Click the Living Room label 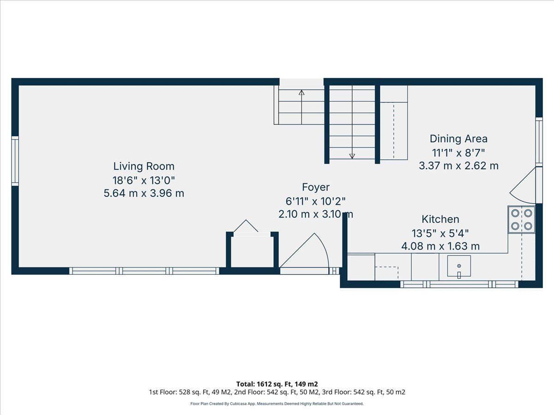coord(144,166)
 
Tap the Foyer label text coord(316,187)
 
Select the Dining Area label coord(458,139)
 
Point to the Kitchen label coord(440,219)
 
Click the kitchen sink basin coord(459,266)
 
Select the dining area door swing coord(523,186)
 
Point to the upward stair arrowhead coord(301,93)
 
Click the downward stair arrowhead coord(352,156)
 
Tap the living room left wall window coord(15,161)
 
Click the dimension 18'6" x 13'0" coord(144,180)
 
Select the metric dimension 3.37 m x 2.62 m coord(458,166)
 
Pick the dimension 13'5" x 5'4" coord(440,233)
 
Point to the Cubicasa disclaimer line coord(277,403)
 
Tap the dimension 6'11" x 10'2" coord(315,202)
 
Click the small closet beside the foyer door coord(252,251)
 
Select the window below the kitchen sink coord(459,285)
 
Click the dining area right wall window coord(539,142)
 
